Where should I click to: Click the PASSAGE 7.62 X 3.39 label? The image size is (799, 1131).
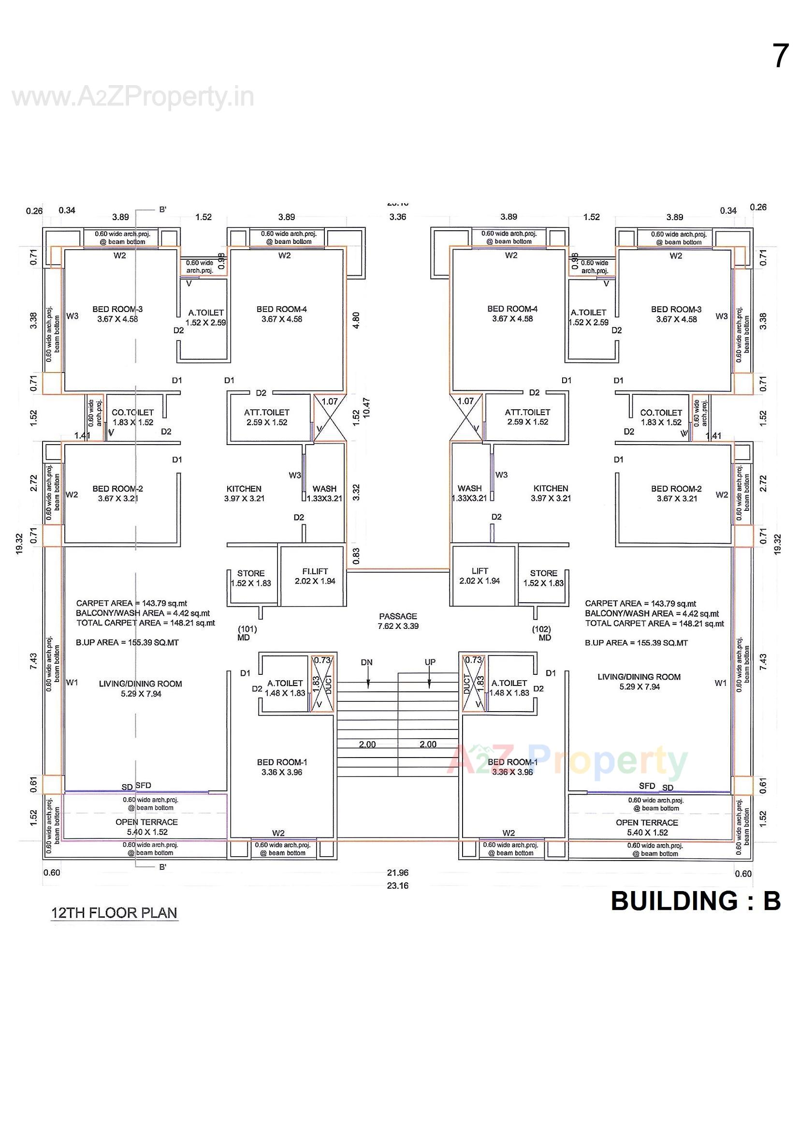pos(398,621)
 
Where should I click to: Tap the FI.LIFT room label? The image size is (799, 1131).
pos(315,576)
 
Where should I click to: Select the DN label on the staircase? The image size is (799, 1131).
pos(366,662)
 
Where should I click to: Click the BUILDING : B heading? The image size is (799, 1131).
pos(695,900)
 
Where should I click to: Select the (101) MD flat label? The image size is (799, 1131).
pos(247,633)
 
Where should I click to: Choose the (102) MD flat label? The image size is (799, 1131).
pos(541,633)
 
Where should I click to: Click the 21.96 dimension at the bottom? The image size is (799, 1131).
pos(397,872)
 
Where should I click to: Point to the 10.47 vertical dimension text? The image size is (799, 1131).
pos(366,408)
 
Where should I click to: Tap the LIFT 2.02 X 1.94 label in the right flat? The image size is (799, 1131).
pos(479,575)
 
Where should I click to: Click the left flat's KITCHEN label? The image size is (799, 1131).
pos(244,493)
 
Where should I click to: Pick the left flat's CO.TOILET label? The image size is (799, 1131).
pos(132,417)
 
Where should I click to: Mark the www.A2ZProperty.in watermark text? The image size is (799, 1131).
pos(133,97)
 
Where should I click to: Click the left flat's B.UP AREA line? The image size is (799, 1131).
pos(127,642)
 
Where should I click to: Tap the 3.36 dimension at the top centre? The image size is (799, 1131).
pos(397,217)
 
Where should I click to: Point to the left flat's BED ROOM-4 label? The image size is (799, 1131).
pos(282,314)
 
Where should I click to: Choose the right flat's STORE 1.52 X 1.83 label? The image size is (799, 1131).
pos(543,578)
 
